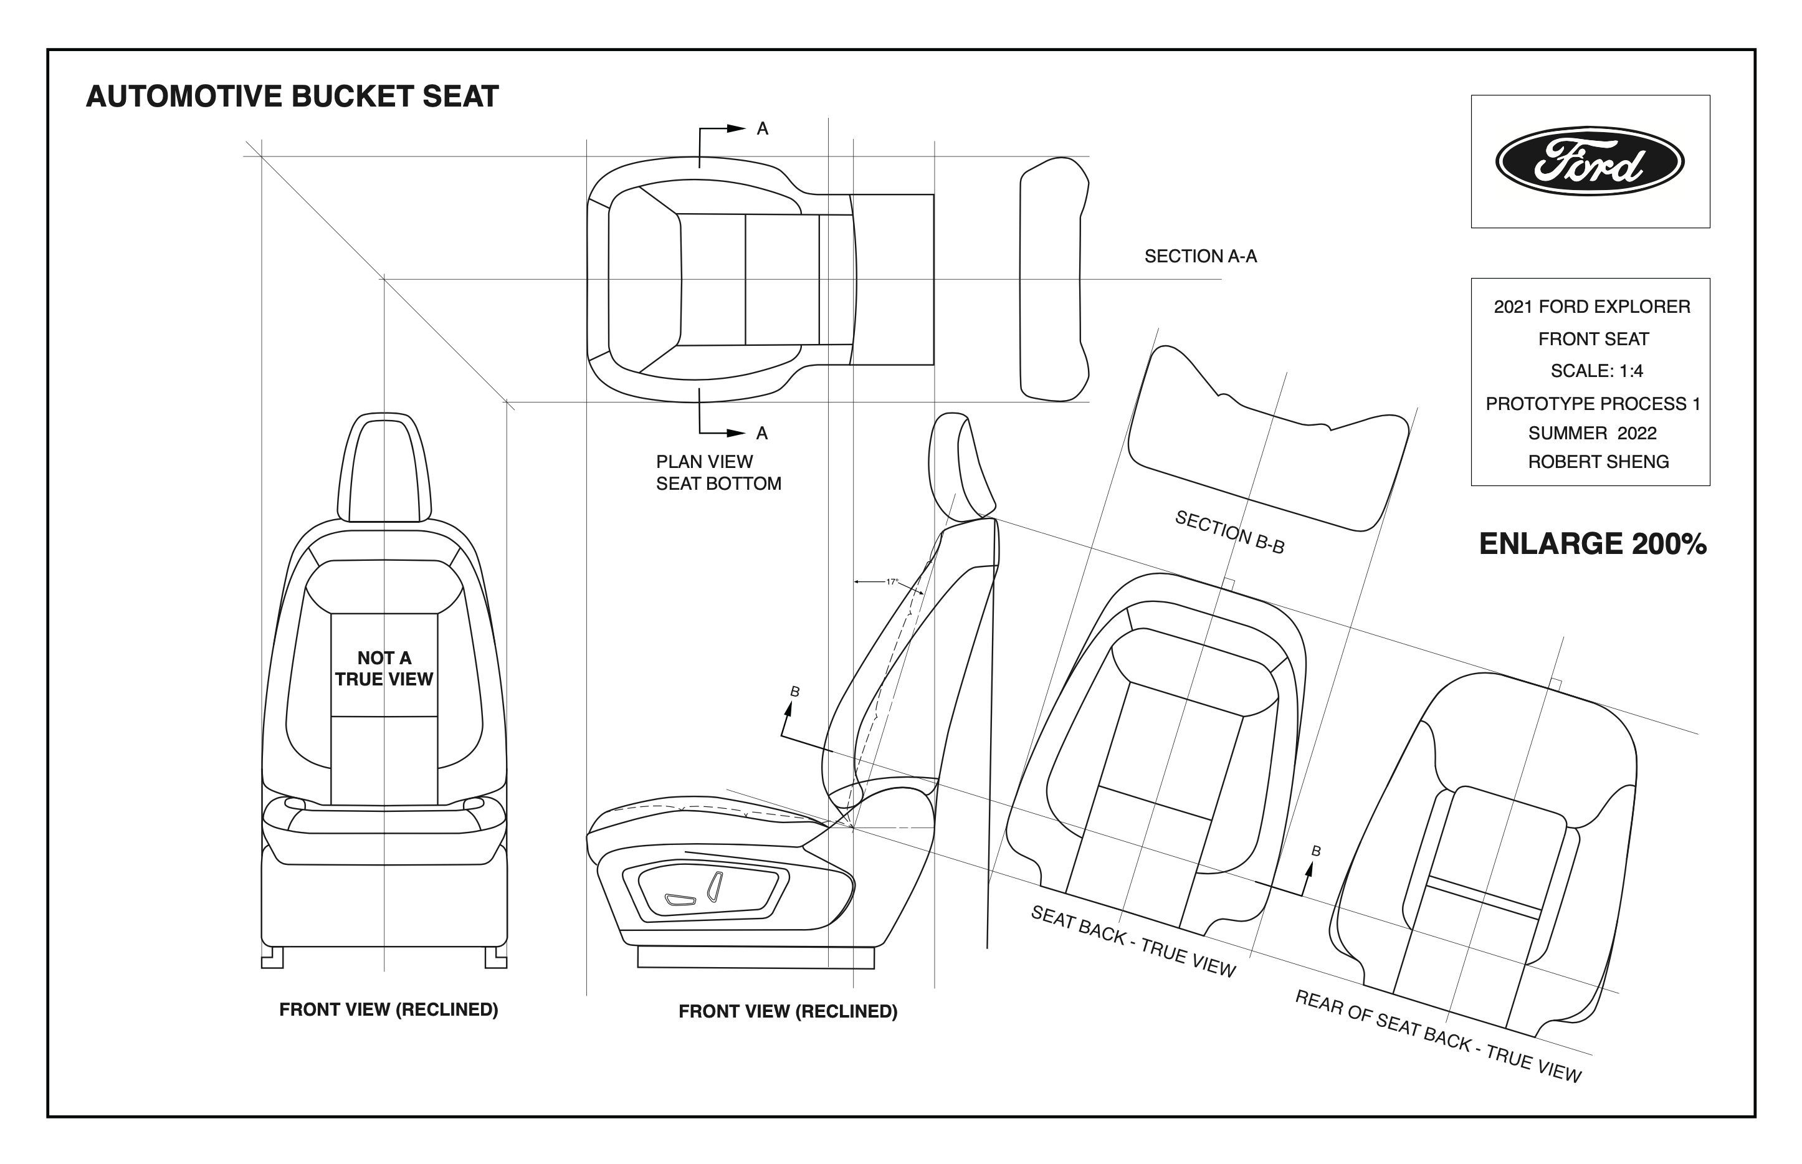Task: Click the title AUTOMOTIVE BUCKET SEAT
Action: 292,97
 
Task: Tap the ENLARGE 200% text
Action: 1592,544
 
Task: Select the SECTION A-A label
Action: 1200,256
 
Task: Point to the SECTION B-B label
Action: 1229,532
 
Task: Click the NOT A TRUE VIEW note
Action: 384,669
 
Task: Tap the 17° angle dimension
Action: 892,582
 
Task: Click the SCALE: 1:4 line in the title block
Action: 1596,371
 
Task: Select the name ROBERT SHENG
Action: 1598,462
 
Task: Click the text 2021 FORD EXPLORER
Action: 1592,307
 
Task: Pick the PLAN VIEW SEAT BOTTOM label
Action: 718,472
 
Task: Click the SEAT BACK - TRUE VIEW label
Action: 1133,942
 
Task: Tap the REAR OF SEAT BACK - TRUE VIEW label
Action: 1437,1036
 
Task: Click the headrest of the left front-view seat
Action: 384,469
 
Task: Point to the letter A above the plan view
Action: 763,129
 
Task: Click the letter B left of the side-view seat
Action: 794,692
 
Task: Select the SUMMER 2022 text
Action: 1592,433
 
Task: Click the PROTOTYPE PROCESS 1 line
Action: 1593,404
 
